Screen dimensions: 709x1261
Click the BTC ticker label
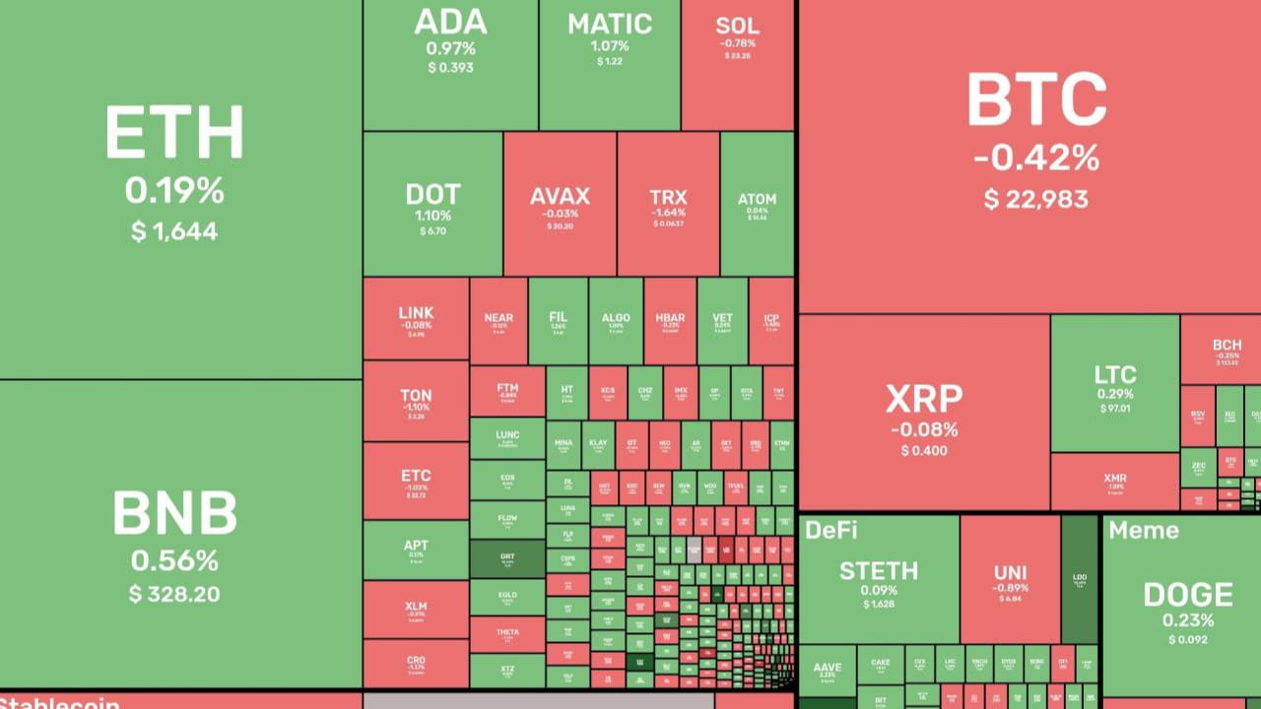click(1035, 100)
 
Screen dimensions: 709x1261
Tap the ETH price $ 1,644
click(174, 231)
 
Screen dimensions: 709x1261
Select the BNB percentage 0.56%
click(174, 560)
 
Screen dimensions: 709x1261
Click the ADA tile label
click(450, 22)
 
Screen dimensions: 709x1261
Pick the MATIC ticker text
click(609, 24)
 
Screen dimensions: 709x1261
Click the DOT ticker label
click(432, 194)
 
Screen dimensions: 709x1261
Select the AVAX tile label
click(560, 196)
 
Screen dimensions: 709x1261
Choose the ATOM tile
click(757, 204)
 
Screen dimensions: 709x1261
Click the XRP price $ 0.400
click(923, 451)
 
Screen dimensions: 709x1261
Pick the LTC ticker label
click(1114, 375)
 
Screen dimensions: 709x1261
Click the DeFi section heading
click(830, 530)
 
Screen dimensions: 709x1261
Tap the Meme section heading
click(1143, 530)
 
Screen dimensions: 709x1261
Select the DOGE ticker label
click(1187, 595)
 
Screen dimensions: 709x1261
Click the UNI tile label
click(1010, 573)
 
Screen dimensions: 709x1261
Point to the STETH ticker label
click(878, 571)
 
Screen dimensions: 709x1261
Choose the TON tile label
click(416, 396)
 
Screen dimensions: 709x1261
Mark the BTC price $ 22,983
click(1035, 200)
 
